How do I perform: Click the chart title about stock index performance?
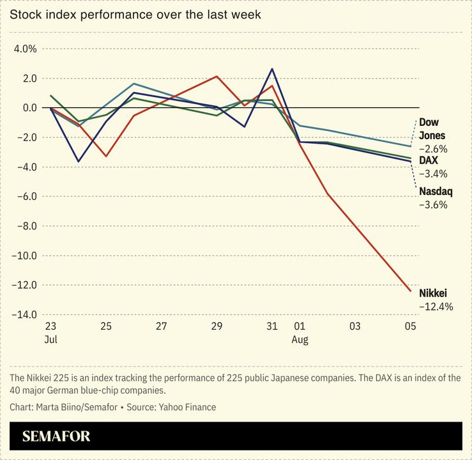(135, 14)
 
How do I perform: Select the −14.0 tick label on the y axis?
(23, 314)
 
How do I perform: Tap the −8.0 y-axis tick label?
(25, 226)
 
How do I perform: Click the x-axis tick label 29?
(217, 326)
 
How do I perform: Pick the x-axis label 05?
(411, 326)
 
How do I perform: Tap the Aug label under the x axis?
(300, 340)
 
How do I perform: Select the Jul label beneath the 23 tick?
(50, 340)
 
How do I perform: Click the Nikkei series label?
(433, 293)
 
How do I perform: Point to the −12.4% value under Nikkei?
(436, 307)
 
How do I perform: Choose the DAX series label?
(428, 160)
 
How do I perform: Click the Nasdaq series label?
(436, 191)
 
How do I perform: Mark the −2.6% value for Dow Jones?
(433, 149)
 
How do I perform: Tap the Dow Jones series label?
(432, 129)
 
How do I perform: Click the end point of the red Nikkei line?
(411, 291)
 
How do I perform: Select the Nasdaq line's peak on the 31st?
(272, 69)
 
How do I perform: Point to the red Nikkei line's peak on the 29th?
(217, 77)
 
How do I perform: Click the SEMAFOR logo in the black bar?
(56, 437)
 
